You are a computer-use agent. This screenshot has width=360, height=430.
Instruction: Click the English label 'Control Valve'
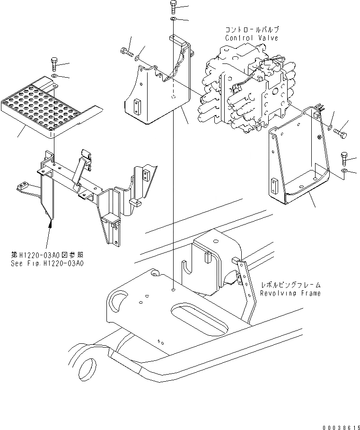click(251, 38)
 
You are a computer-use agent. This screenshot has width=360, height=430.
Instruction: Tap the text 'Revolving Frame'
click(290, 293)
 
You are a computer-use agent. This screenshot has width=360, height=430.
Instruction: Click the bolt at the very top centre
click(172, 8)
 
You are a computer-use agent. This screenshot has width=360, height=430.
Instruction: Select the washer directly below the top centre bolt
click(173, 19)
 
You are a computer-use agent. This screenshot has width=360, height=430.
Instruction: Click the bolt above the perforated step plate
click(53, 64)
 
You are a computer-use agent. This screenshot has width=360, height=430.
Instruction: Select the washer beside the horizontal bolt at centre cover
click(137, 58)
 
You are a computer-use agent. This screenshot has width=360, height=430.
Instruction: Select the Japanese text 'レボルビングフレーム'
click(291, 285)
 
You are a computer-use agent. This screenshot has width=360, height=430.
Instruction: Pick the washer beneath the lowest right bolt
click(345, 170)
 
